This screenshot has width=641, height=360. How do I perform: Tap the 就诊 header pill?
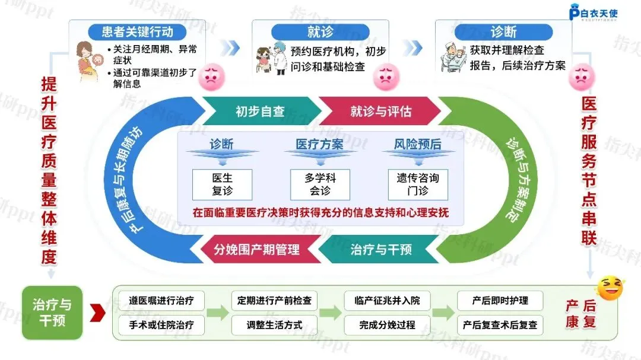pos(320,31)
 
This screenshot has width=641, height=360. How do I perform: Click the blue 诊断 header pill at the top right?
pos(503,31)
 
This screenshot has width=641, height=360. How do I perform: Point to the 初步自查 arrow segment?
pos(259,111)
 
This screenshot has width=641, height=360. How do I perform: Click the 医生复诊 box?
pos(223,184)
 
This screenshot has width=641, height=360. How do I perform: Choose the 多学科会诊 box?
pos(320,184)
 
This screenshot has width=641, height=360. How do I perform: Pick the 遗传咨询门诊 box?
pos(418,184)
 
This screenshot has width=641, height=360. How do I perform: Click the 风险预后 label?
pos(418,144)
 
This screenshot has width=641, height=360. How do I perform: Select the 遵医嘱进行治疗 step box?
pos(161,300)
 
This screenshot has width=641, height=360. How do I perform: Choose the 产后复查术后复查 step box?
pos(500,324)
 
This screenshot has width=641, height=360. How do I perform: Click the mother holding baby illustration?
pos(89,60)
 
